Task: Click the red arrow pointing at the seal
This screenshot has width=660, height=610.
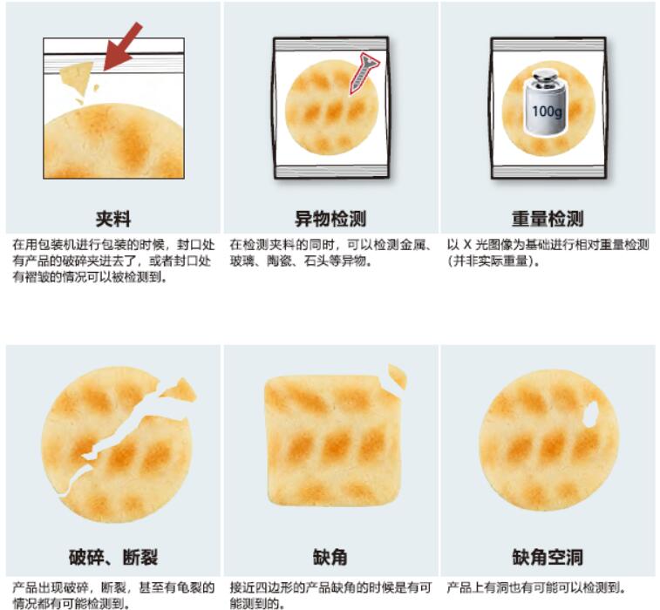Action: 123,46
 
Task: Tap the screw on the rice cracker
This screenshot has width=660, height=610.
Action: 364,72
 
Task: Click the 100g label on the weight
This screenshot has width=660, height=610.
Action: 547,112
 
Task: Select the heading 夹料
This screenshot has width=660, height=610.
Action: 113,219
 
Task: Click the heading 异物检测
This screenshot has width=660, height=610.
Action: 330,219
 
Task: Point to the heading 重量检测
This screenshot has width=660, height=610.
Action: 548,219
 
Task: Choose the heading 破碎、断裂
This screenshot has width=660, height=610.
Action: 113,558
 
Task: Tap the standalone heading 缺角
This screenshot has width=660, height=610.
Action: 330,558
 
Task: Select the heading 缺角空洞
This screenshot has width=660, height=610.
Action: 548,558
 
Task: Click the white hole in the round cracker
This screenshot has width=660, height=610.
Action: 591,413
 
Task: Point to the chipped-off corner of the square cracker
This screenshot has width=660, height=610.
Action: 398,376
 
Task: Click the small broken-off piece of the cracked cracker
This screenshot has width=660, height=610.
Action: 180,390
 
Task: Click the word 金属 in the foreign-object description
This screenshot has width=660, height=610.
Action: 413,245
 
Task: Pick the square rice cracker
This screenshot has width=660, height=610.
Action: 332,439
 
